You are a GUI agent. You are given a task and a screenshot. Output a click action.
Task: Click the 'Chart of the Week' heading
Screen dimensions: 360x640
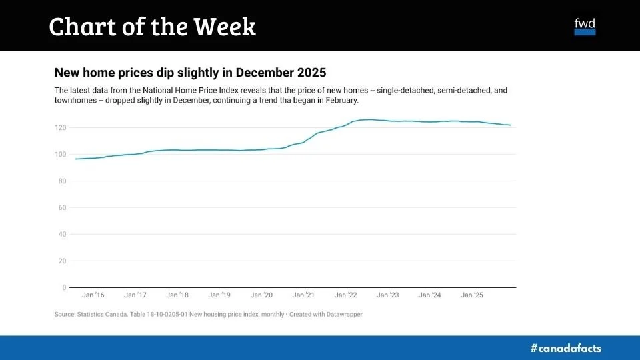152,27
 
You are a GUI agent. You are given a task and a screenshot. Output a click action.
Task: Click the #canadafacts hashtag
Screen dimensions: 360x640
565,348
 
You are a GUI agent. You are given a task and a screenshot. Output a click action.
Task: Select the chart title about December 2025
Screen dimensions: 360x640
190,72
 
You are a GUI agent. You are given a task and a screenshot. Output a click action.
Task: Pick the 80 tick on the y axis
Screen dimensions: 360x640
61,181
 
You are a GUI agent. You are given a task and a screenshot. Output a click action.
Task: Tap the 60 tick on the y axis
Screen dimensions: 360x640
61,207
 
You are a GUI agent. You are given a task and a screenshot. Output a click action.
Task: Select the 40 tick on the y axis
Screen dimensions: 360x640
61,234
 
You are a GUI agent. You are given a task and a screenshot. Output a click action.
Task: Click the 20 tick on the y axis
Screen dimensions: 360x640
61,261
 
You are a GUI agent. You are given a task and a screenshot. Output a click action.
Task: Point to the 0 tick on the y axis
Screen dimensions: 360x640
64,287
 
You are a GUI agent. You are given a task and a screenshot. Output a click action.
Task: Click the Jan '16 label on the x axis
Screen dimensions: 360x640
93,295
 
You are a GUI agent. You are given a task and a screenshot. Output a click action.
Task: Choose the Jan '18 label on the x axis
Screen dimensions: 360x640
177,295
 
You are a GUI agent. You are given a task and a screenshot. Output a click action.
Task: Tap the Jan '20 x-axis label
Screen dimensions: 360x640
261,295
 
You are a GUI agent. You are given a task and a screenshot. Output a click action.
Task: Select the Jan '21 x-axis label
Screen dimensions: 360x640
303,295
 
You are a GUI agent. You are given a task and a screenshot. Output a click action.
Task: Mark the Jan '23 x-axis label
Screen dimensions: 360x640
387,295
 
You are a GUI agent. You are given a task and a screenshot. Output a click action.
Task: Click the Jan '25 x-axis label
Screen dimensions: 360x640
471,295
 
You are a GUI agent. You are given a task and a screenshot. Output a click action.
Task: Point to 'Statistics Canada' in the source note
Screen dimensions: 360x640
99,314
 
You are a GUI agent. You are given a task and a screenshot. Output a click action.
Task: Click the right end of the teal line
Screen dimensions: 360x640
510,125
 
